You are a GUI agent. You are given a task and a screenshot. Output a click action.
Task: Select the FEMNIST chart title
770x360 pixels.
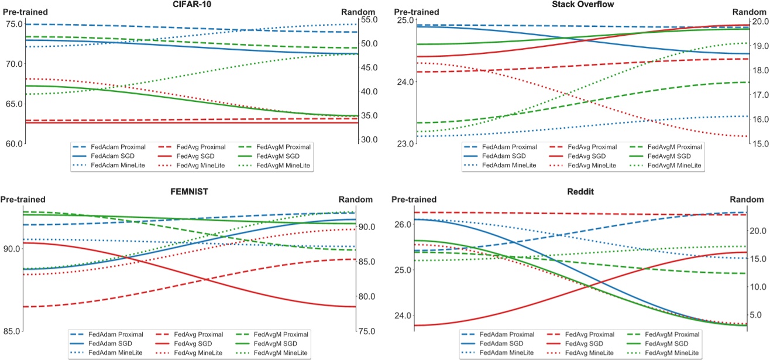coord(191,191)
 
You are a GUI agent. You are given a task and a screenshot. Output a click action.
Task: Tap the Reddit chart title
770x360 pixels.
coord(581,191)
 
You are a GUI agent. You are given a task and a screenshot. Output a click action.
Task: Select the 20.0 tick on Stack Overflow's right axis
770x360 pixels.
coord(759,22)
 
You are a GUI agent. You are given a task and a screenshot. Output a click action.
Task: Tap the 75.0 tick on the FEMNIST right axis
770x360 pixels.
coord(370,331)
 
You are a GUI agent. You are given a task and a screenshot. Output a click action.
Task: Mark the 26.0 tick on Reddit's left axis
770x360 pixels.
coord(403,225)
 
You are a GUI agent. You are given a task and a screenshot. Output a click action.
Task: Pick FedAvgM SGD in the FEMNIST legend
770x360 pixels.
coord(278,343)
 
